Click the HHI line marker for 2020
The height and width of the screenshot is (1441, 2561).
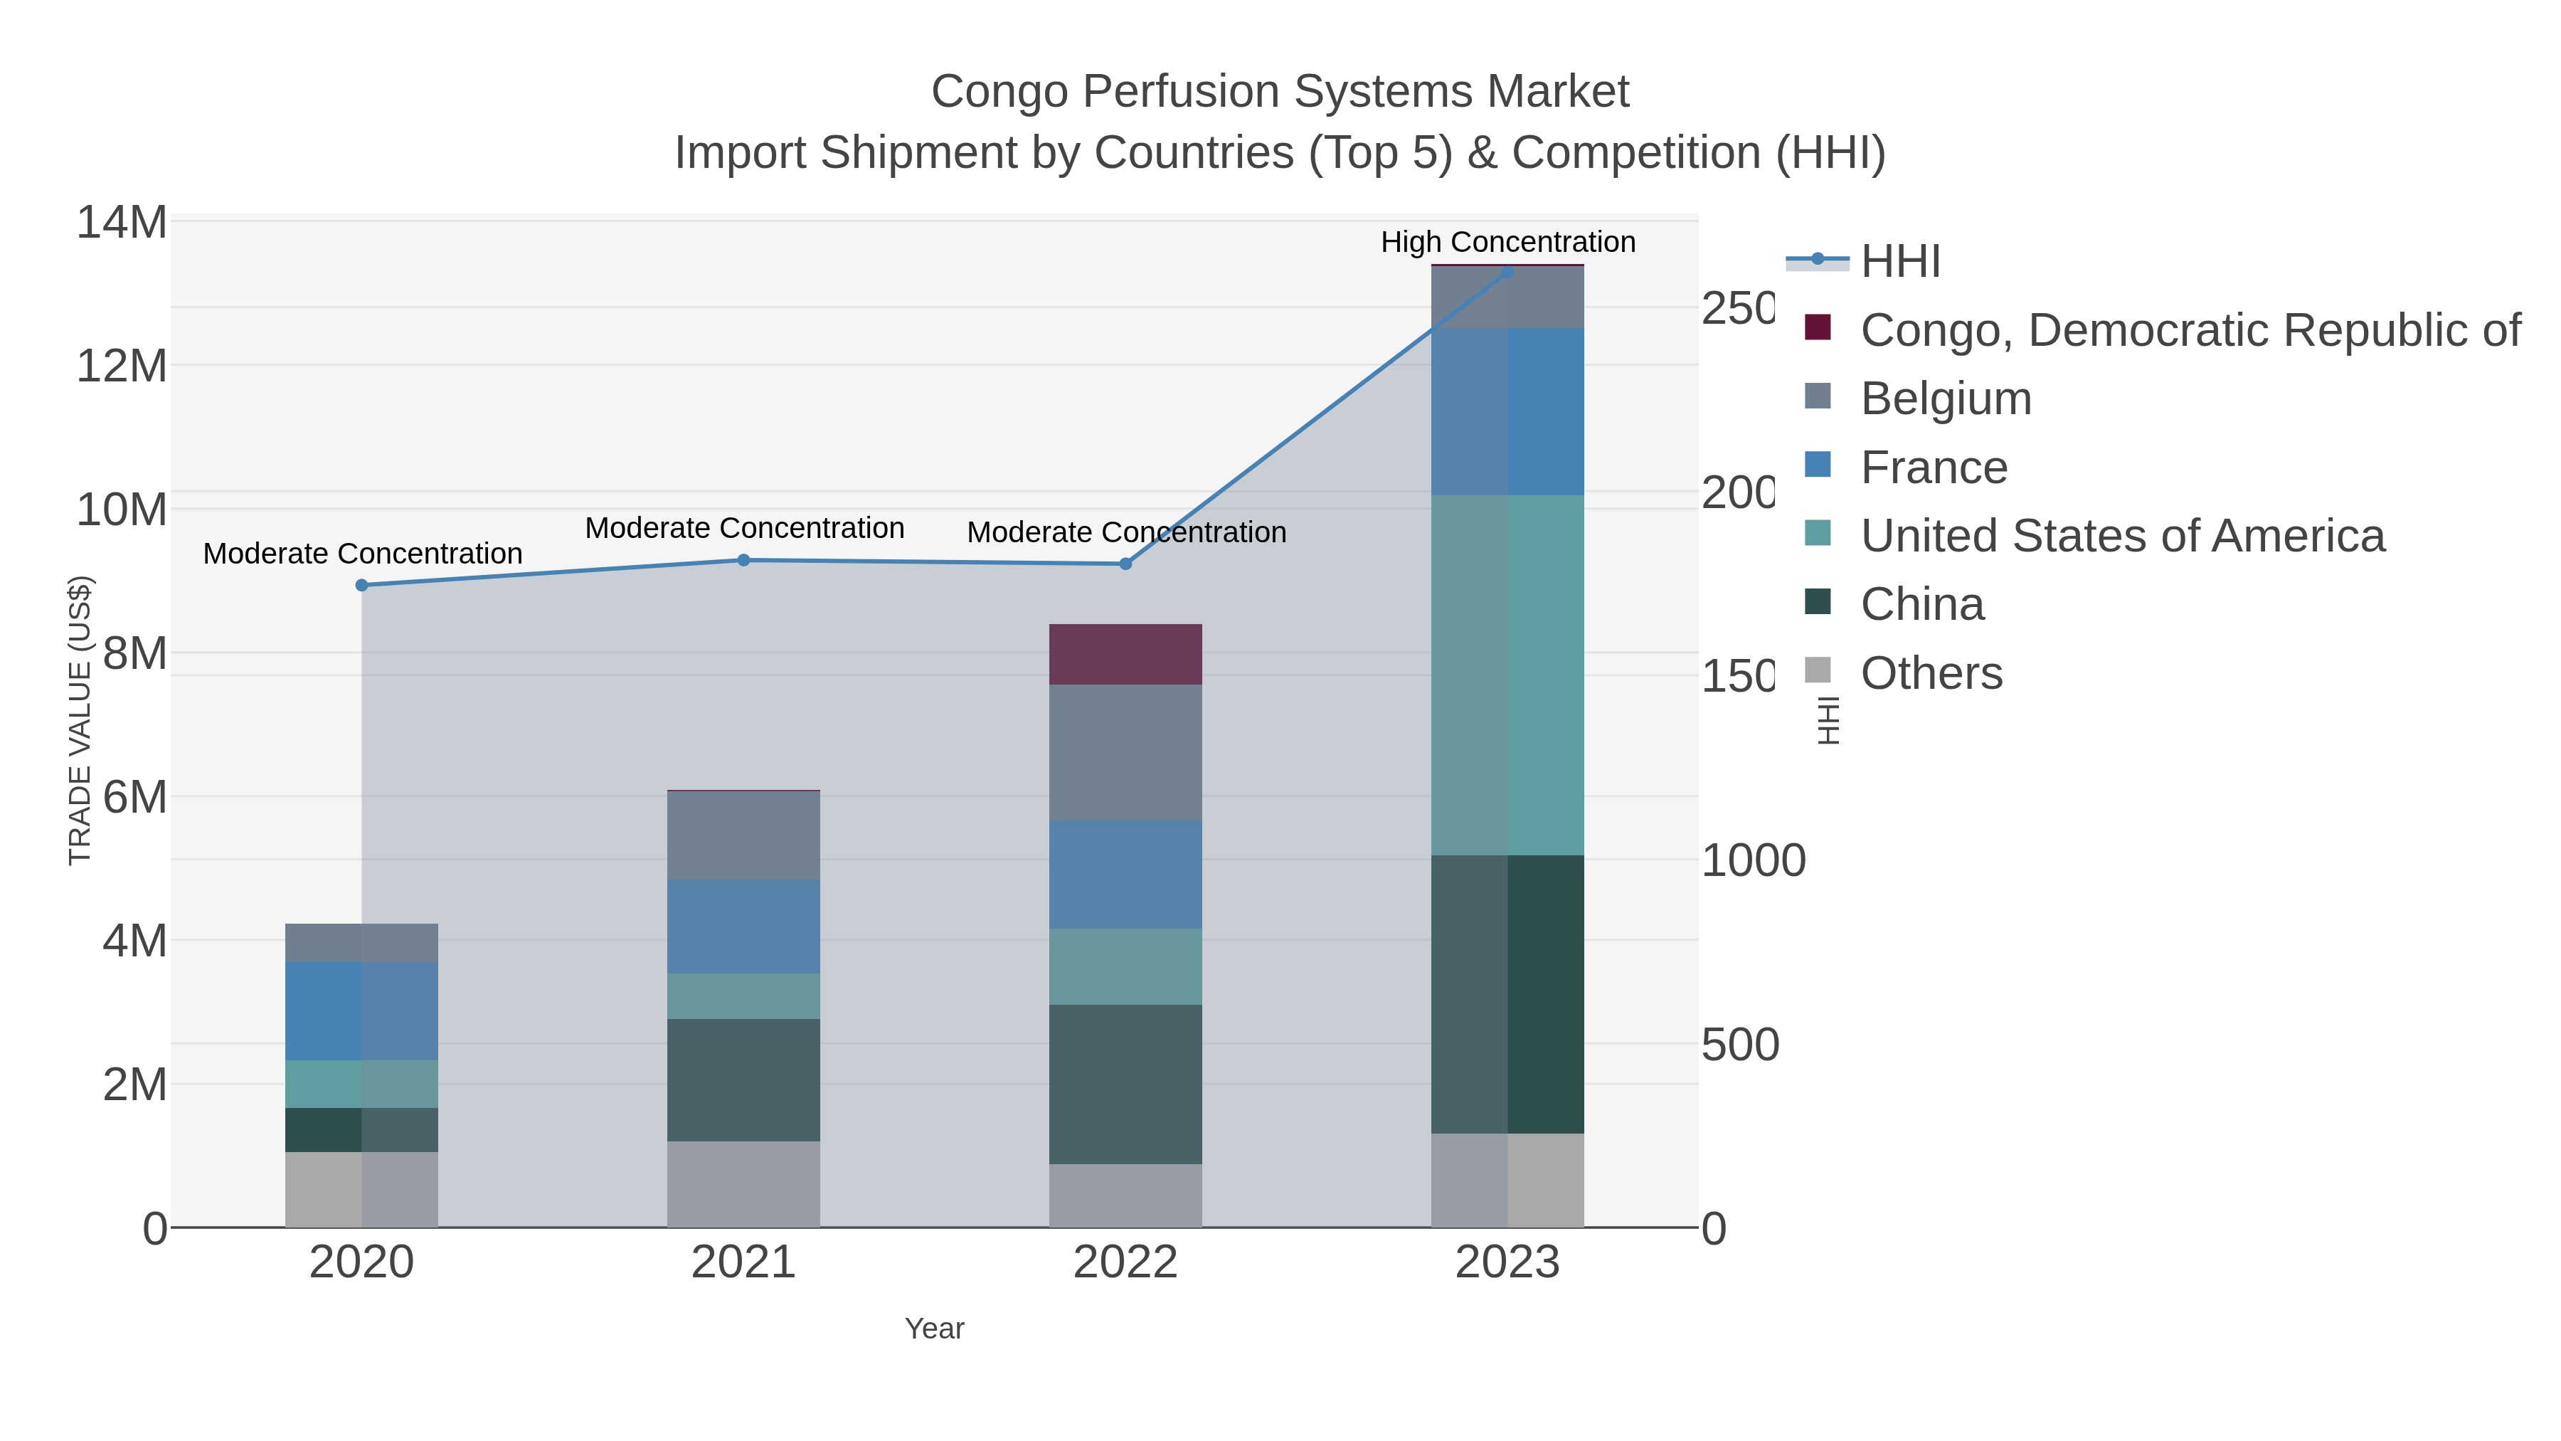362,586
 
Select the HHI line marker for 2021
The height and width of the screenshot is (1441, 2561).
743,561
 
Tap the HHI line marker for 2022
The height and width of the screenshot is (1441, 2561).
1125,564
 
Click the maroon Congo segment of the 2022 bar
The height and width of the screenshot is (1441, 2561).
1125,655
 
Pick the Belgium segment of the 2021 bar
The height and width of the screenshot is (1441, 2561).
743,835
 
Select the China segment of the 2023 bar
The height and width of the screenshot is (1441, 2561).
1507,995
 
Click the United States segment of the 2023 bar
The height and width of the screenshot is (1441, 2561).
1507,675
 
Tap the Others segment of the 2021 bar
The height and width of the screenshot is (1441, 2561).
743,1184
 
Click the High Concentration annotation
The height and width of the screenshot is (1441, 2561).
1507,242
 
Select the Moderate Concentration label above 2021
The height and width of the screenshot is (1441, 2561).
743,528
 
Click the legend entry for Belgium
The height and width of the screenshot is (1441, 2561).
1945,398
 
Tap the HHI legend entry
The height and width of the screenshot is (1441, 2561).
1899,262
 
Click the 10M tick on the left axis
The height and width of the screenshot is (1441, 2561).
121,510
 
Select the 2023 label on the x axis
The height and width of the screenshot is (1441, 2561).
1507,1263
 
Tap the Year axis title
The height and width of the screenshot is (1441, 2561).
933,1329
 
